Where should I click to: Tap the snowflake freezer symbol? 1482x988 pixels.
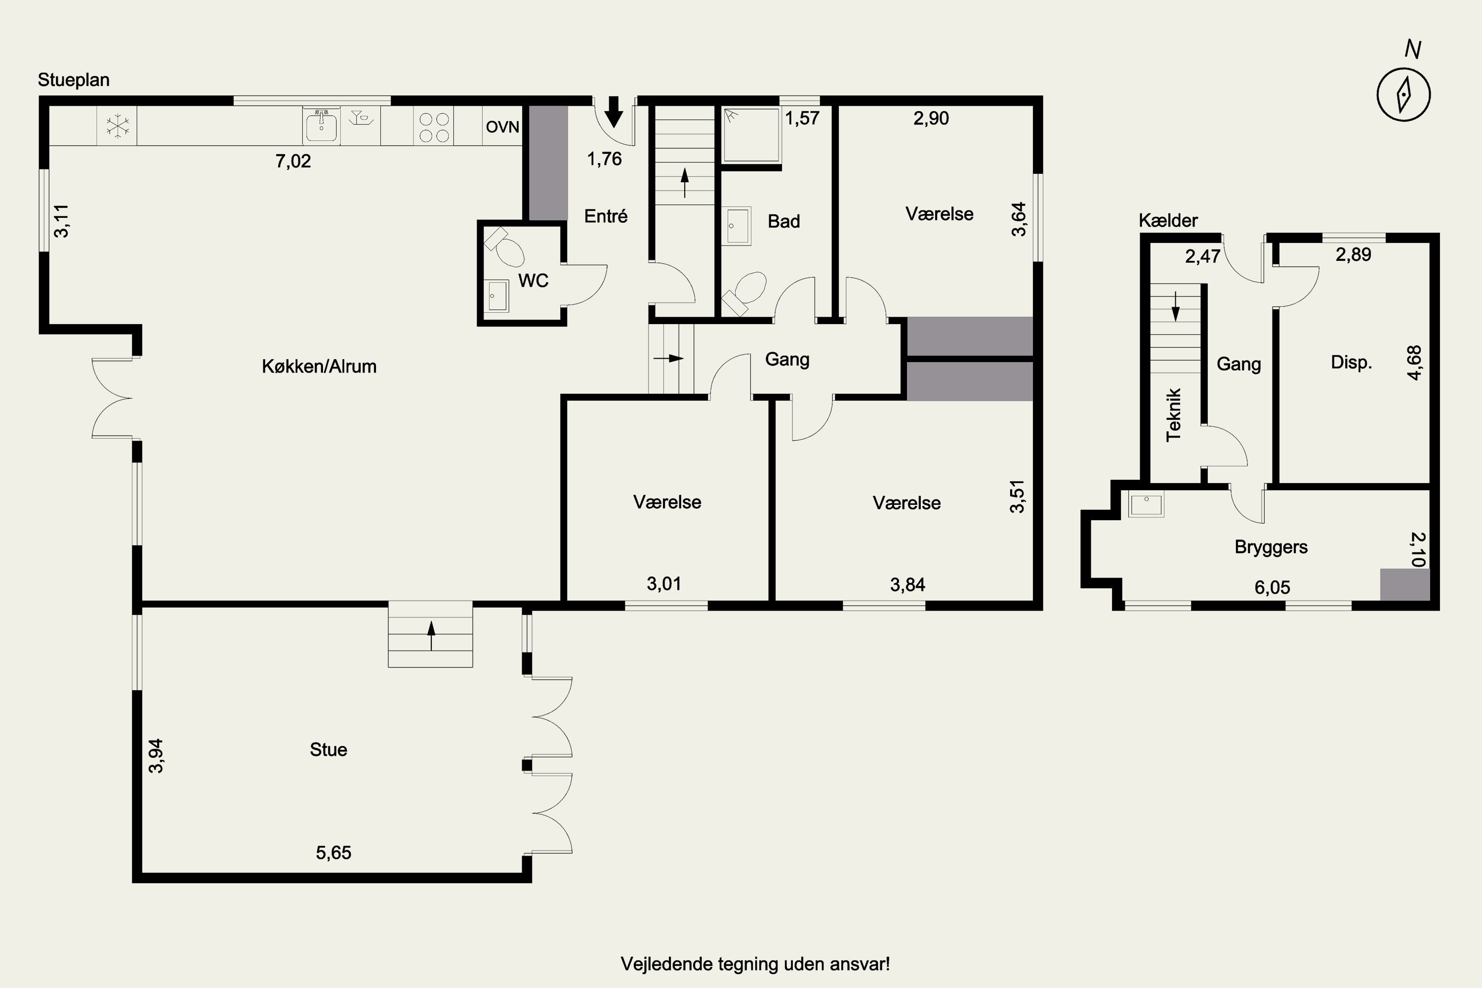(117, 125)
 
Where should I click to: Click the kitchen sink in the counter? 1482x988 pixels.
(322, 126)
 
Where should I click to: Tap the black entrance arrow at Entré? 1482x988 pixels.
(614, 112)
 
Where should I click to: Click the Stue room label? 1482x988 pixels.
(329, 749)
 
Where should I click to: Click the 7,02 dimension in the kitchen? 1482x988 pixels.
(293, 162)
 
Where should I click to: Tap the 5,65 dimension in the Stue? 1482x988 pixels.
(333, 853)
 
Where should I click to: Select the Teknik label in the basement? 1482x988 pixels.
(1173, 414)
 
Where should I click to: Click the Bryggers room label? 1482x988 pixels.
(1271, 547)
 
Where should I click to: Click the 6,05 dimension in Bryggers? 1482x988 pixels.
(1272, 587)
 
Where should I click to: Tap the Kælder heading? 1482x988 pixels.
(1168, 220)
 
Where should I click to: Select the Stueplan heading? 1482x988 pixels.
(74, 80)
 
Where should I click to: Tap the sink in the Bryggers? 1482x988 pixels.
(1146, 505)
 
